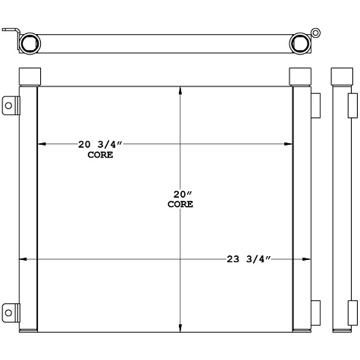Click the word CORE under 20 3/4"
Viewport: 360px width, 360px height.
(x=100, y=155)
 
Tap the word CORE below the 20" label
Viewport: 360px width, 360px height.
(x=180, y=204)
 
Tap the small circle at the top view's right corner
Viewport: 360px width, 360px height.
(x=316, y=33)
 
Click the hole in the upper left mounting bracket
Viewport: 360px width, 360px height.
(x=9, y=105)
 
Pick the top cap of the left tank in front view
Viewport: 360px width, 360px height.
(x=29, y=77)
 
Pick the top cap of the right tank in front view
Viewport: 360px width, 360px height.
(x=300, y=77)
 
